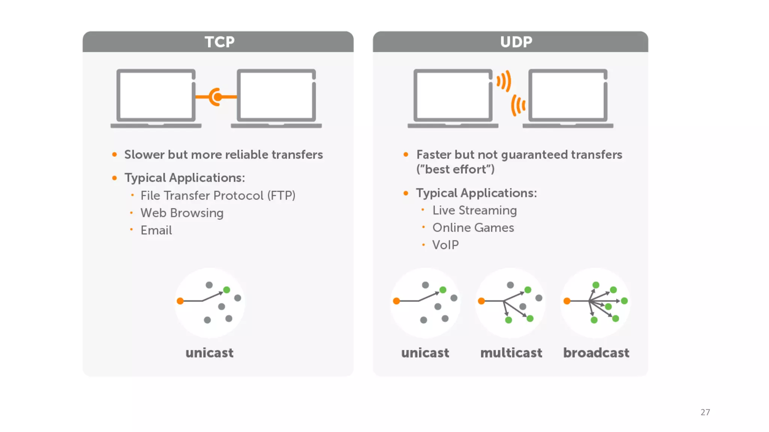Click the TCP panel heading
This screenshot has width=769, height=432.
click(219, 42)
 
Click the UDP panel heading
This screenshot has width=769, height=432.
click(516, 42)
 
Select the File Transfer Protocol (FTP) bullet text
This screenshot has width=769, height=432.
click(218, 195)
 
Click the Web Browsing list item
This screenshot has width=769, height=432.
click(182, 213)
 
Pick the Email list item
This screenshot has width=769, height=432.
click(156, 230)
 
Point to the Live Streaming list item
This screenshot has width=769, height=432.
click(474, 210)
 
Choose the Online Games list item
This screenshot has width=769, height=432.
click(473, 228)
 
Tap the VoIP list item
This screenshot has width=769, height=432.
click(445, 245)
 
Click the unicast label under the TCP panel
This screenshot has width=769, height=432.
click(210, 353)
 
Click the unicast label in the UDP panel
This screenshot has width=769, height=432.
click(425, 353)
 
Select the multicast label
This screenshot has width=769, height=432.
click(511, 353)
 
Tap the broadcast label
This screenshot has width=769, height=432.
click(596, 353)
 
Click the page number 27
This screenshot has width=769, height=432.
click(705, 412)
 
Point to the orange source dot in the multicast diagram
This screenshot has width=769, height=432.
click(481, 301)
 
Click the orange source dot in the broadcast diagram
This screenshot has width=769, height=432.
click(567, 301)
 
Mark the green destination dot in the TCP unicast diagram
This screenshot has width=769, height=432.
click(226, 290)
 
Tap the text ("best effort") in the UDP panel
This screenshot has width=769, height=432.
click(455, 169)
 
